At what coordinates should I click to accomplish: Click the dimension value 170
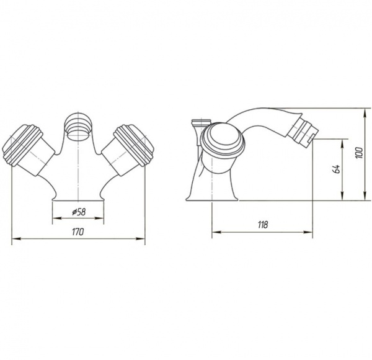click(x=78, y=232)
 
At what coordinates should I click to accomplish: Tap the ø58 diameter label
click(x=79, y=212)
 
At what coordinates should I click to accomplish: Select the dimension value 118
click(x=263, y=225)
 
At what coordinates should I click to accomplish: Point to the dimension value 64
click(x=337, y=168)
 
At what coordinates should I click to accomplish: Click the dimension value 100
click(x=359, y=153)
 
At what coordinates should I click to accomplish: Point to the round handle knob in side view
click(x=223, y=140)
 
